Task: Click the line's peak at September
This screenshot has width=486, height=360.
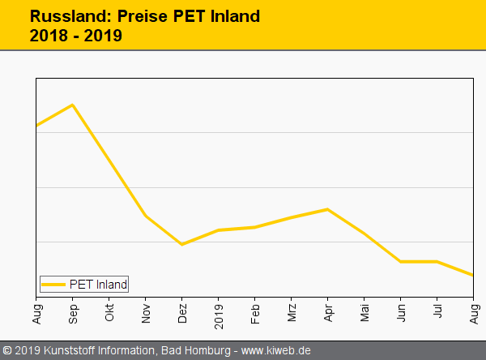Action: [x=73, y=105]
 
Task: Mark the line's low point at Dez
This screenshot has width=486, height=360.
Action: [x=182, y=244]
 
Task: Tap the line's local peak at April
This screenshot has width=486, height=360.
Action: [x=327, y=209]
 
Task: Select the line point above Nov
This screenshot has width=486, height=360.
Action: [x=146, y=216]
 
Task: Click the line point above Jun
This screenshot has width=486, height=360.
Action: [x=401, y=261]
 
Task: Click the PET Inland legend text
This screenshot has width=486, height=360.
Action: [x=98, y=284]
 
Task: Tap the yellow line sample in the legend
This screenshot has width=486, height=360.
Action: [x=53, y=284]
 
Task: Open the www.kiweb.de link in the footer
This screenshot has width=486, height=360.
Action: [x=276, y=351]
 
